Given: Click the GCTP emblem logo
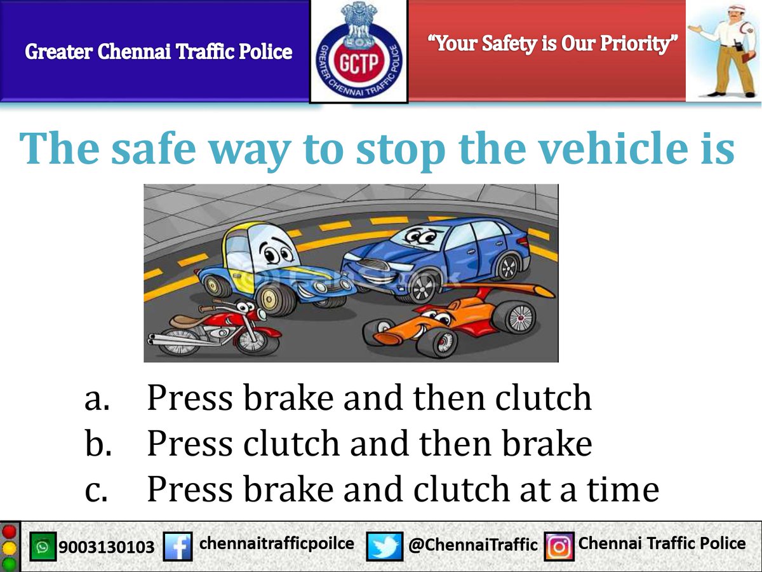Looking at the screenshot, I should tap(359, 51).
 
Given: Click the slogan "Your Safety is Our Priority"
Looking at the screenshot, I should tap(553, 43).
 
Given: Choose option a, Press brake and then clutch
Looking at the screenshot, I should tap(368, 398).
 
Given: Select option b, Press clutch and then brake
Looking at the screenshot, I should tap(368, 444).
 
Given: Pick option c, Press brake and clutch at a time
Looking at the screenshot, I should tap(403, 490).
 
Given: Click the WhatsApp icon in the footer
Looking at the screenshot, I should tap(43, 547).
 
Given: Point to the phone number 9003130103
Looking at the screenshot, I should tap(107, 547).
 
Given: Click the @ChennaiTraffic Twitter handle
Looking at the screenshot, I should tap(472, 545).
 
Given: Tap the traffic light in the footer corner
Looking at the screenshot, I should tap(10, 547).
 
